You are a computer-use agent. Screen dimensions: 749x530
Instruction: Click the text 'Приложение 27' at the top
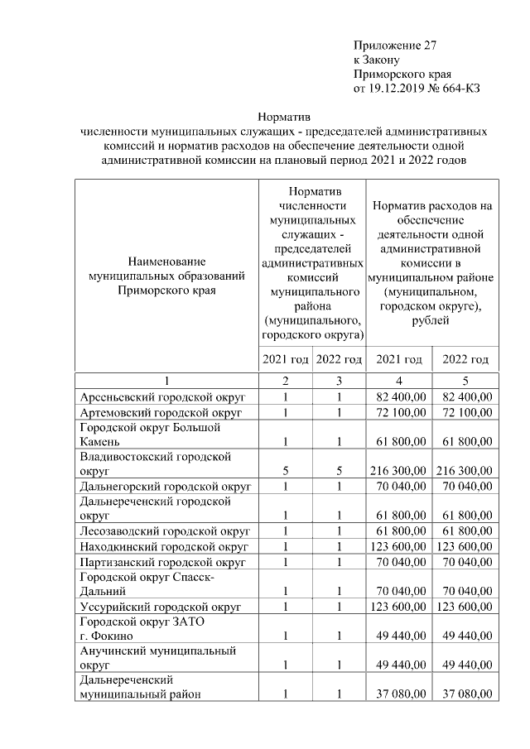click(394, 45)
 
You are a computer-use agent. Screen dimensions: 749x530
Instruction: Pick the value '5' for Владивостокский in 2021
click(286, 471)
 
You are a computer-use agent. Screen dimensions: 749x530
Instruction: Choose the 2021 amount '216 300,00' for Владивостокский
click(398, 471)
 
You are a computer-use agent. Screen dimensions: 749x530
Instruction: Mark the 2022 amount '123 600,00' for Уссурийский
click(465, 607)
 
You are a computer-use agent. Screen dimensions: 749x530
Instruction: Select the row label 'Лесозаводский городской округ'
click(165, 531)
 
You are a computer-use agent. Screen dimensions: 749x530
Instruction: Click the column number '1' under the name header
click(166, 381)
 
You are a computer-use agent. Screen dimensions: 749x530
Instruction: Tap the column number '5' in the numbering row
click(465, 381)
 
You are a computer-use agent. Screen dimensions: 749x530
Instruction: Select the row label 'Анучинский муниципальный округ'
click(157, 658)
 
